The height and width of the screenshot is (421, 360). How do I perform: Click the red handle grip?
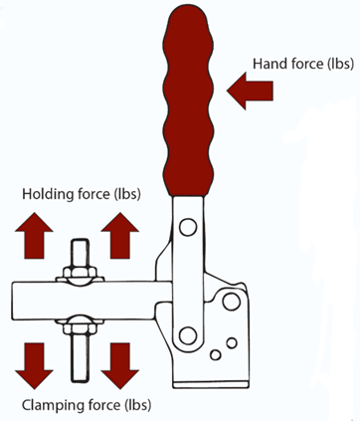click(x=188, y=100)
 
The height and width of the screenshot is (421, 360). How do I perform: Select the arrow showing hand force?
click(x=250, y=91)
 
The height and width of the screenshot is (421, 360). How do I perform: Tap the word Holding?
click(x=49, y=194)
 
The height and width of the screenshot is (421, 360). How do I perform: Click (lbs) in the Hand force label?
click(x=340, y=64)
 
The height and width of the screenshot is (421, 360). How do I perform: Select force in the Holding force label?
click(x=93, y=194)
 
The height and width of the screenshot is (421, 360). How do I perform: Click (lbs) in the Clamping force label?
click(x=137, y=405)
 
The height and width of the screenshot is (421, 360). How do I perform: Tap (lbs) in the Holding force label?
click(x=127, y=194)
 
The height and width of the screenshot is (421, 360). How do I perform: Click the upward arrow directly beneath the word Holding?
click(x=34, y=236)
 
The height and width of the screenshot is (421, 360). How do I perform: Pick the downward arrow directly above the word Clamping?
click(x=34, y=366)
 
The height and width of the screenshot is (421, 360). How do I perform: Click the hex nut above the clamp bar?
click(x=80, y=272)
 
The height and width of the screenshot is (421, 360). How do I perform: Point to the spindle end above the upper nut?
click(x=81, y=253)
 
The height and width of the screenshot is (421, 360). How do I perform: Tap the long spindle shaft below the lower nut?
click(x=81, y=357)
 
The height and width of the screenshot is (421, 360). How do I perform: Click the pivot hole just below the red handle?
click(x=188, y=227)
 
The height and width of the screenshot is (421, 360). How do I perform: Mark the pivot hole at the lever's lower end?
click(x=188, y=335)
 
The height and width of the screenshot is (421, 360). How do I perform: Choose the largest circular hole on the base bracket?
click(x=232, y=302)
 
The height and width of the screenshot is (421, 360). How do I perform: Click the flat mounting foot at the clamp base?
click(x=211, y=384)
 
